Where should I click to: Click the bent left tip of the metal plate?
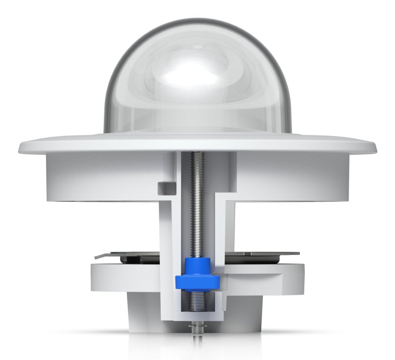(x=96, y=256)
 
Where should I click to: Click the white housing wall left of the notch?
(x=100, y=177)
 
